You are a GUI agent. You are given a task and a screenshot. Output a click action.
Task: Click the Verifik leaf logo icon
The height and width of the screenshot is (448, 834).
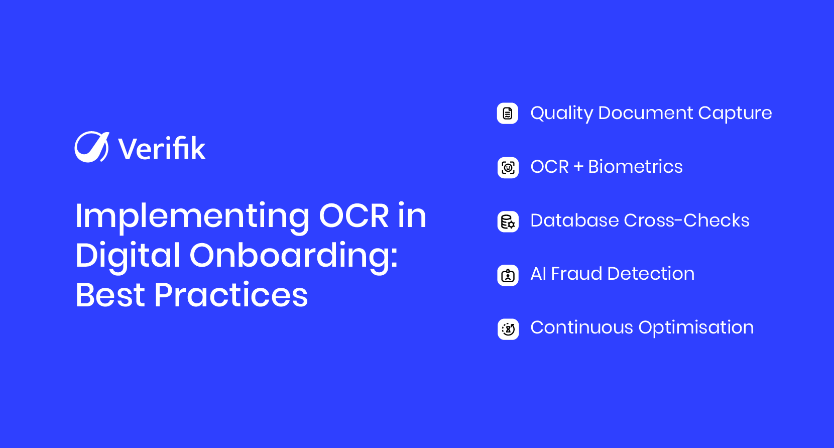[x=91, y=147]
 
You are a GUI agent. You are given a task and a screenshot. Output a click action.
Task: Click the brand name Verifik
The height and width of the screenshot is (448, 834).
[x=162, y=149]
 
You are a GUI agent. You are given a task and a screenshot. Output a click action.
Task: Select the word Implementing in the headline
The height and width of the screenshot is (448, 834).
[x=192, y=216]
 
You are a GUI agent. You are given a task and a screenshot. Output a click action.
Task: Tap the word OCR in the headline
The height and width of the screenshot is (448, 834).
[x=354, y=216]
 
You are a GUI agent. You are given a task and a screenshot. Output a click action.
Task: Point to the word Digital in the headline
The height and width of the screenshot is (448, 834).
[x=128, y=256]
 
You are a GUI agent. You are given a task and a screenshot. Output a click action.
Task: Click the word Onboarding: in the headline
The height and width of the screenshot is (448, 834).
[x=294, y=256]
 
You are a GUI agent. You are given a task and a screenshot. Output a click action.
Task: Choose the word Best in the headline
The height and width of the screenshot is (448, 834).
[x=110, y=295]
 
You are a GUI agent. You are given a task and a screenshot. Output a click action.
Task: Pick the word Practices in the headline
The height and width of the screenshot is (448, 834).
[x=231, y=295]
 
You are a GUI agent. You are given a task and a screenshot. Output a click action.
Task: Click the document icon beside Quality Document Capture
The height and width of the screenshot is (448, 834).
[x=508, y=114]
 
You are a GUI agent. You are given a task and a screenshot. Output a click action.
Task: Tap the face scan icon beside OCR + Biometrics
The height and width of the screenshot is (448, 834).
[x=508, y=167]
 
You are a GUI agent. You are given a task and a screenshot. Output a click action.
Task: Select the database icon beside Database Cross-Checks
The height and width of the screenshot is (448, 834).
[x=508, y=221]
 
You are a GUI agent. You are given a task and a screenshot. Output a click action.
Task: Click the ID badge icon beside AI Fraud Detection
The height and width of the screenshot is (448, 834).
[x=508, y=275]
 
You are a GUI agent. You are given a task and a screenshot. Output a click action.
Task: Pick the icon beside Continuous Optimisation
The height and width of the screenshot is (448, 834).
[x=508, y=329]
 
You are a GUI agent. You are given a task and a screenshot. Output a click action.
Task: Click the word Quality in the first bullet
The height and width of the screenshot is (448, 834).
[x=562, y=114]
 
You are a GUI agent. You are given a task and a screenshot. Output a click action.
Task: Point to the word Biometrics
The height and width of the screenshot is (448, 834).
[x=635, y=167]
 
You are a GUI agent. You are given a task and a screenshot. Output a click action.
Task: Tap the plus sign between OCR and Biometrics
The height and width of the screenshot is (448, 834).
[x=578, y=167]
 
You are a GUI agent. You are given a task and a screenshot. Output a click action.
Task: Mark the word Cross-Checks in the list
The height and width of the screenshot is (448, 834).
[x=686, y=220]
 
